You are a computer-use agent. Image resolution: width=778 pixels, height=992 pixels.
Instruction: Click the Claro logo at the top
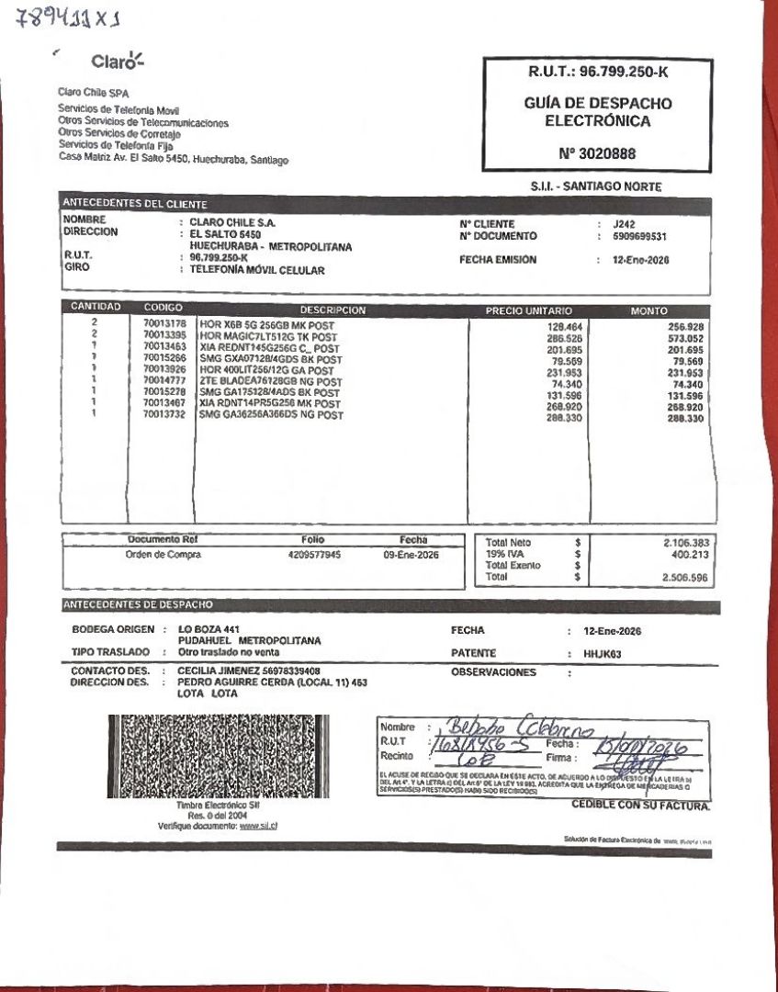click(x=118, y=62)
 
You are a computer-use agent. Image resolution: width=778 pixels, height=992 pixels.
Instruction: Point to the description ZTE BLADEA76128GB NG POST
click(x=270, y=382)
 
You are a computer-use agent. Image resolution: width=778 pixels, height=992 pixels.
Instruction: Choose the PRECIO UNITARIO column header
click(x=528, y=311)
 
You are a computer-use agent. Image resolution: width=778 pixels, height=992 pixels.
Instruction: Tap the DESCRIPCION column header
click(x=333, y=311)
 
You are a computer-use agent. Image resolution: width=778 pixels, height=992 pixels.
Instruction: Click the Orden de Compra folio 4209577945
click(x=314, y=555)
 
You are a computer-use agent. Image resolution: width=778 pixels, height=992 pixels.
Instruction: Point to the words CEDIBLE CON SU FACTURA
click(x=640, y=806)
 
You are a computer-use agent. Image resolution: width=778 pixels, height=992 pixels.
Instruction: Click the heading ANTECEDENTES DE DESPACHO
click(x=137, y=605)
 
